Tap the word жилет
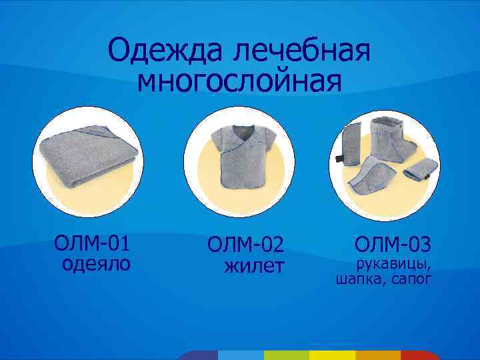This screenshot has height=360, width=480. click(254, 267)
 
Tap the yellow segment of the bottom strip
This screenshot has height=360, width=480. click(331, 355)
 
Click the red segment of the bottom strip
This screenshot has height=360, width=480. click(419, 355)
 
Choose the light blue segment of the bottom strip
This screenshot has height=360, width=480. click(240, 355)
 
